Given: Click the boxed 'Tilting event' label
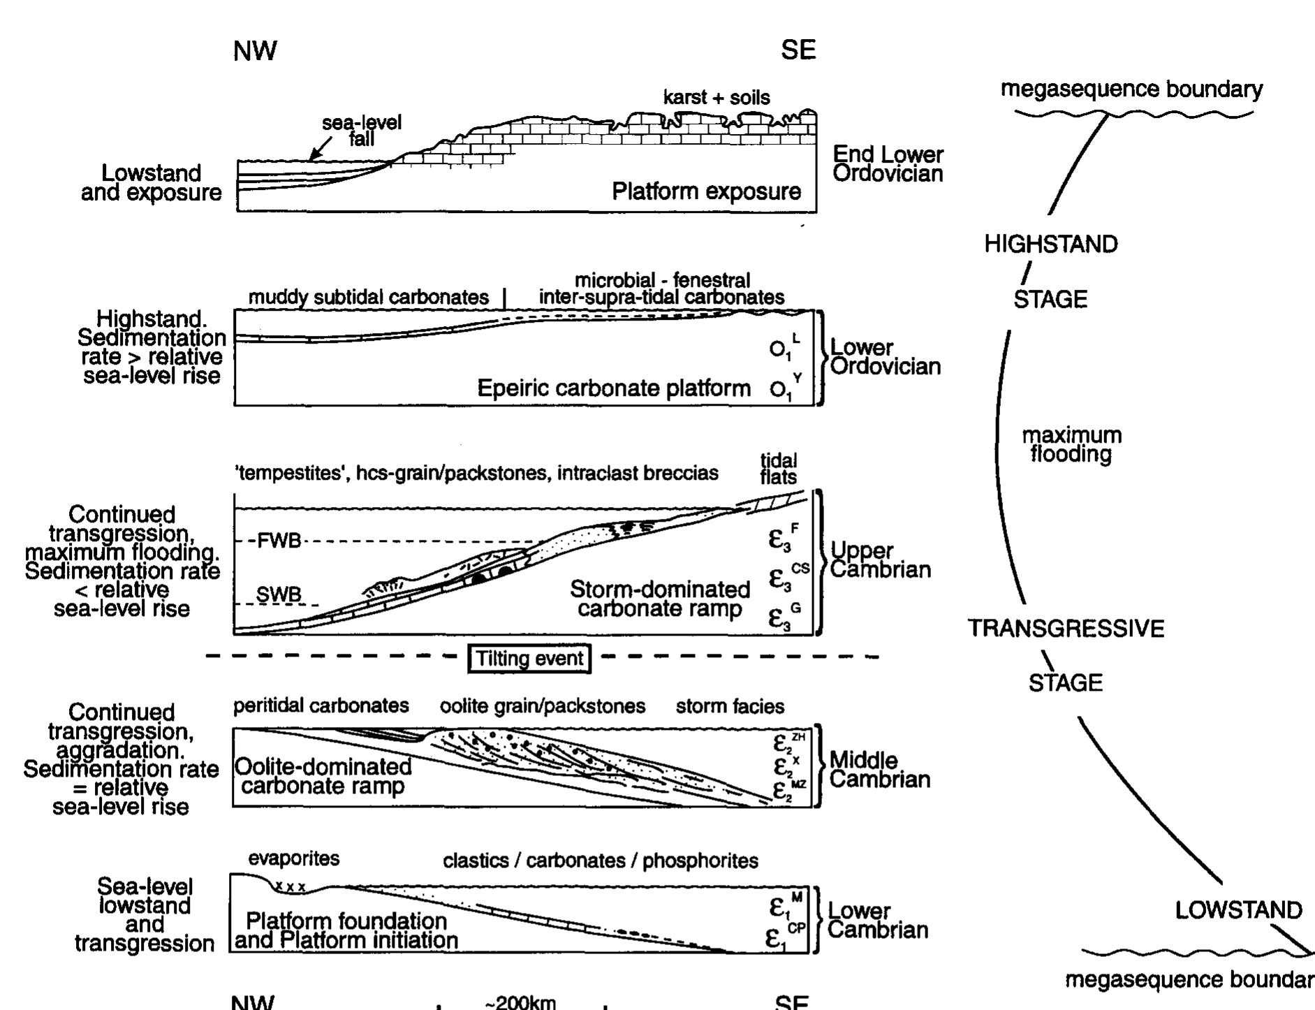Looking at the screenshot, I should click(529, 659).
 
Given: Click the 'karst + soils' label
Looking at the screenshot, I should click(717, 97).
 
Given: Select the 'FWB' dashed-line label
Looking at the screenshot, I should click(278, 541).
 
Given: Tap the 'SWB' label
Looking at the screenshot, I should click(279, 595).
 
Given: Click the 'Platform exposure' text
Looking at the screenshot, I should click(706, 191).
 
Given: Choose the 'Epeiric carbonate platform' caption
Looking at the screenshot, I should click(613, 388).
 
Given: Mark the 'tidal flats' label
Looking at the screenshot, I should click(779, 469).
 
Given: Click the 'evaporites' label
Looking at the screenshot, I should click(294, 858).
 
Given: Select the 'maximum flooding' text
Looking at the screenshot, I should click(1072, 445).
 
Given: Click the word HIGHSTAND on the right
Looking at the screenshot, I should click(1051, 244).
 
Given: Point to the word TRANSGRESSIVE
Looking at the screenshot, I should click(1066, 629).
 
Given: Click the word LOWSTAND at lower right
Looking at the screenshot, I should click(1238, 910).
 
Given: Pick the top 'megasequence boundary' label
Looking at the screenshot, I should click(1131, 89).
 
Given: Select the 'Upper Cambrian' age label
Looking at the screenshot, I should click(880, 560).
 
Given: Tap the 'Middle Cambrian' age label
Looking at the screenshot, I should click(880, 769).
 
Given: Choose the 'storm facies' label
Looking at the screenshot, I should click(730, 706).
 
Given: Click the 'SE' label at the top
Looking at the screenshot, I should click(798, 50).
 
